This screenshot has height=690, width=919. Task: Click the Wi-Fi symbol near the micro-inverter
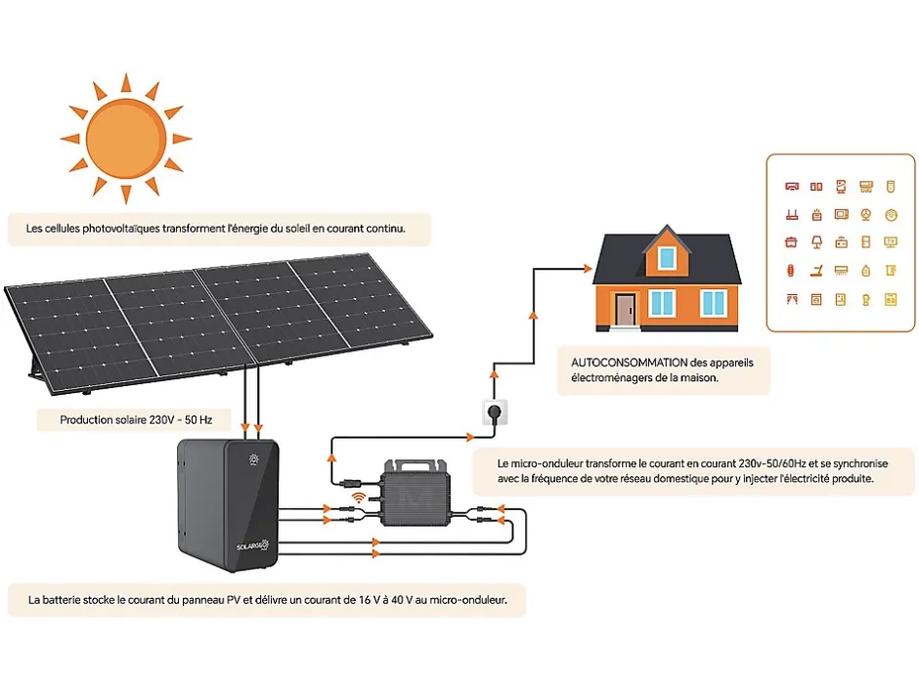tap(360, 497)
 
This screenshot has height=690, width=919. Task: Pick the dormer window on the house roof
tap(667, 257)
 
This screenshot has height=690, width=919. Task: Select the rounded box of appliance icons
tap(840, 242)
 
